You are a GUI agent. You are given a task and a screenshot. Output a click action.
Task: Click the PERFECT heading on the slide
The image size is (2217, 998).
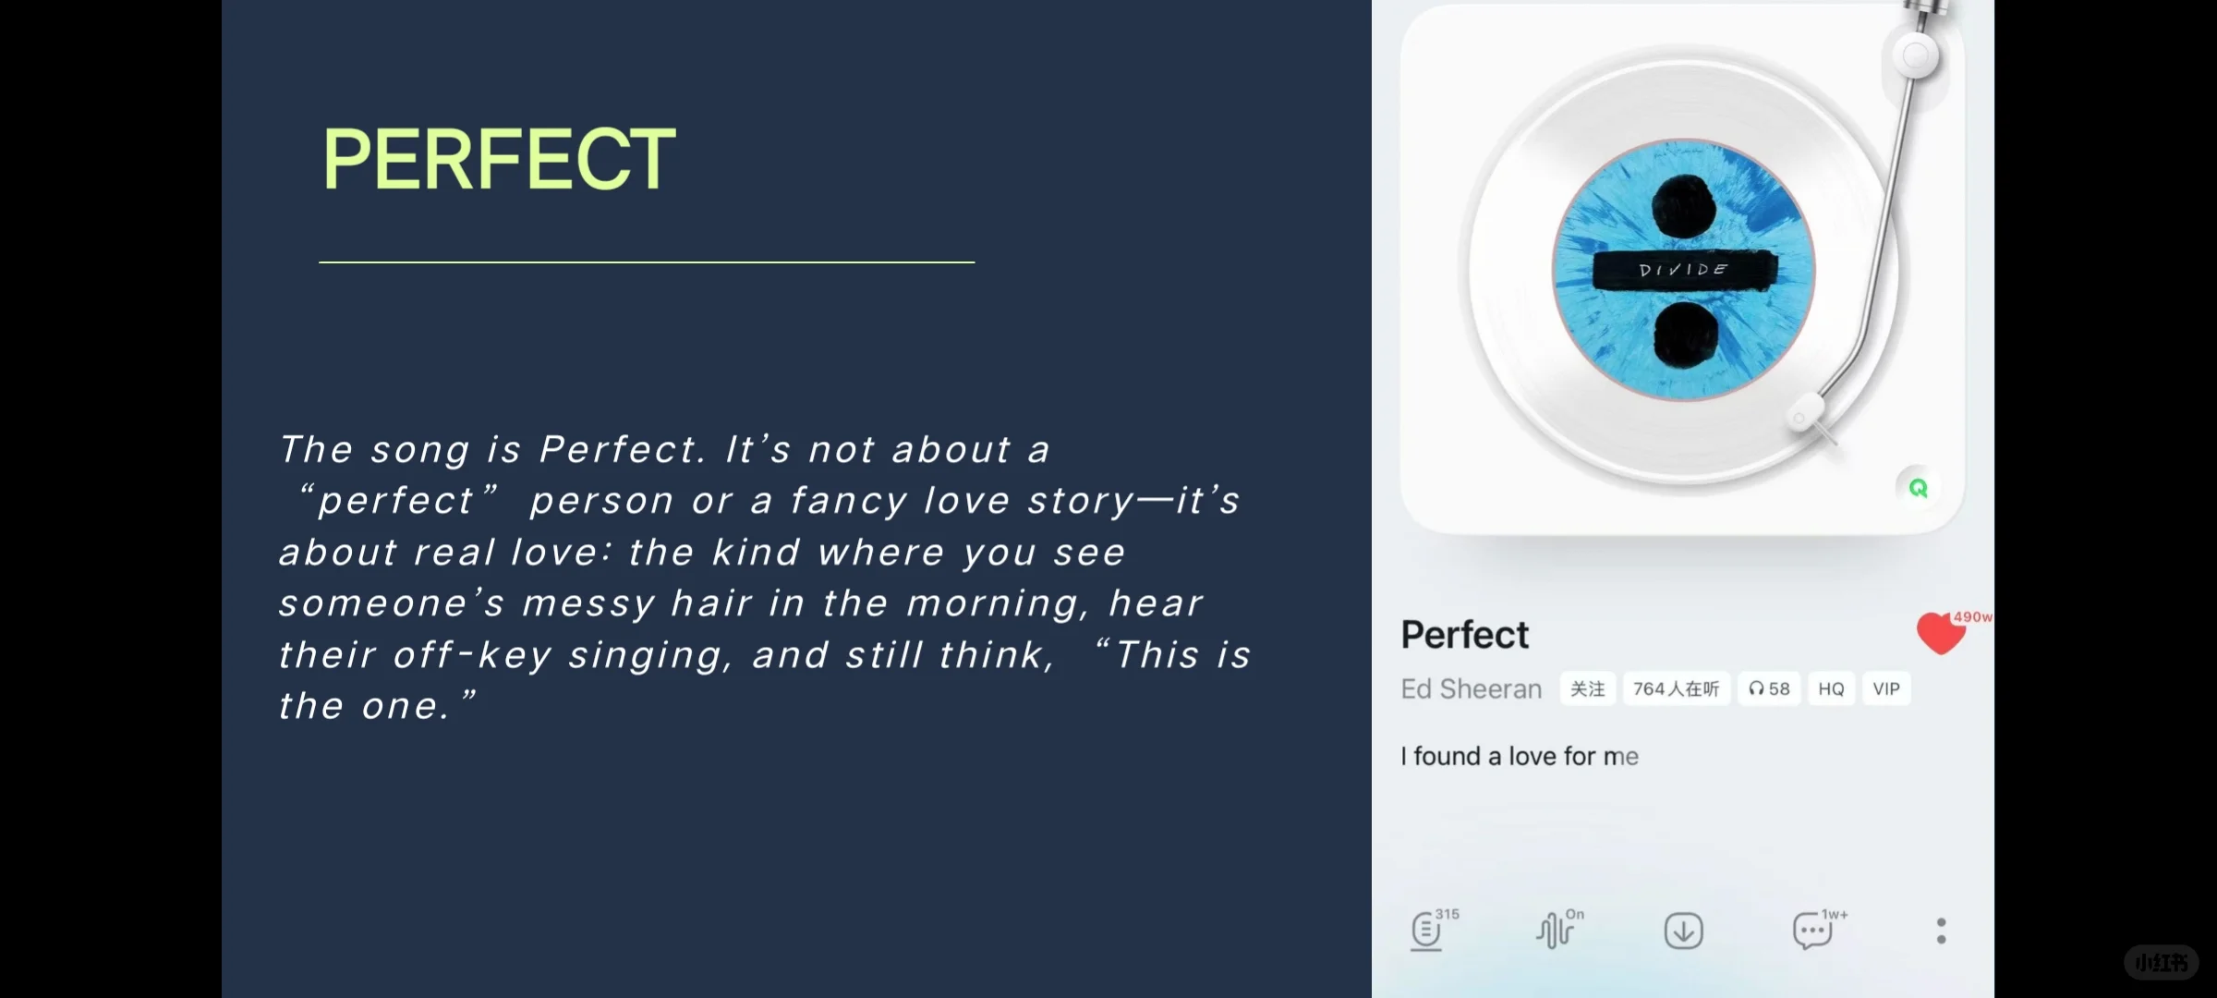499,159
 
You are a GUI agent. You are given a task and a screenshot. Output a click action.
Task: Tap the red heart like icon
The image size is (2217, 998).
1940,634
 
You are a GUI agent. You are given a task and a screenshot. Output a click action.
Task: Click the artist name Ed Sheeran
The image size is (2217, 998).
1471,689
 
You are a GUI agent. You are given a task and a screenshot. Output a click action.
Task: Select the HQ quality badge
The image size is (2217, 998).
1831,689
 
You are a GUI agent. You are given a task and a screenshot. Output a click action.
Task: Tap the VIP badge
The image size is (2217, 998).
1886,689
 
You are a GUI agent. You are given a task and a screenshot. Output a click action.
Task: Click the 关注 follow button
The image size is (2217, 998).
1587,689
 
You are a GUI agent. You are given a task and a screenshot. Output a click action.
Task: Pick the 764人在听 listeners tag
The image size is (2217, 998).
1676,689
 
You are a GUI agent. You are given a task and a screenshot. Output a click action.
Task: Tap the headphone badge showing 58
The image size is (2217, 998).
1769,689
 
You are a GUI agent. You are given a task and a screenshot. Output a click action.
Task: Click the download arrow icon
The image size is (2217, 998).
1683,931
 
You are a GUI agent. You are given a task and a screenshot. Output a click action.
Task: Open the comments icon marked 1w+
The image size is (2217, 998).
1812,931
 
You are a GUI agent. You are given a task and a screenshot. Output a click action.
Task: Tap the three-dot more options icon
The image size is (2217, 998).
1941,931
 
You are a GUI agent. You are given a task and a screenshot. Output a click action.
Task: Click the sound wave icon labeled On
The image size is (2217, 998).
1556,931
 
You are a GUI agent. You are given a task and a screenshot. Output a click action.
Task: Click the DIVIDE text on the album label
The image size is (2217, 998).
1683,270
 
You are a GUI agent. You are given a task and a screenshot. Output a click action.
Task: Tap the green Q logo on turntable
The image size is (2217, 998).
1919,488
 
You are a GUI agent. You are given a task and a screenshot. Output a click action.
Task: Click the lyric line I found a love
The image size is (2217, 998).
1519,757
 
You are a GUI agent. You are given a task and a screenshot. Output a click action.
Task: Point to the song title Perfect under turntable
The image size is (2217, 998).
1464,635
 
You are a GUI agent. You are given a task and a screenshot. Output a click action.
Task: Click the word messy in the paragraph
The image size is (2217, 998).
588,604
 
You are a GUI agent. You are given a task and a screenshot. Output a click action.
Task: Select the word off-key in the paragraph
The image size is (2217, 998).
472,655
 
